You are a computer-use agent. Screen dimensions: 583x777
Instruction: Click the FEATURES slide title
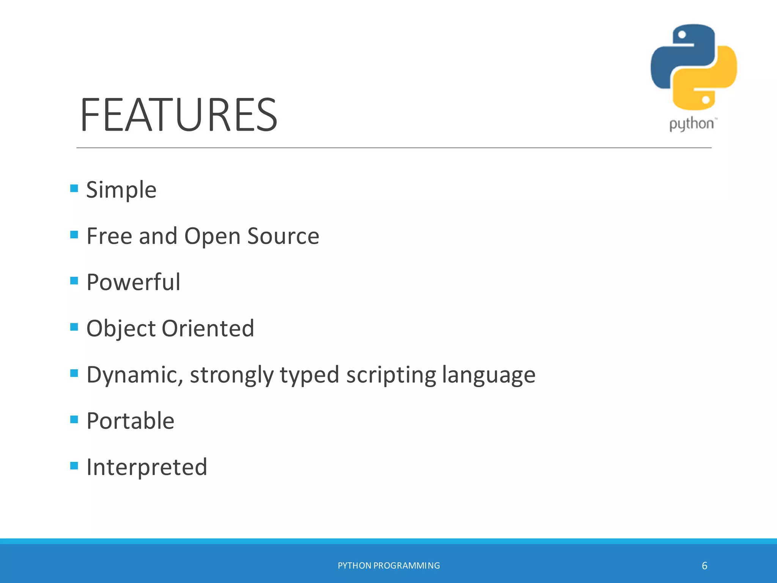tap(179, 115)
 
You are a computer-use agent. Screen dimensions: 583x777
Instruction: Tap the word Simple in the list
tap(121, 190)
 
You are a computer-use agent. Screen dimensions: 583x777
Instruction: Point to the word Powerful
tap(133, 282)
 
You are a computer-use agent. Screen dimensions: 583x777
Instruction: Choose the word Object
tap(121, 329)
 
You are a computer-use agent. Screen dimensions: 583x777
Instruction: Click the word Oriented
tap(208, 329)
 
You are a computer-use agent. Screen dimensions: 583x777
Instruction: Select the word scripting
tap(391, 375)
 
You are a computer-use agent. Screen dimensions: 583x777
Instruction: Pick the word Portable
tap(130, 421)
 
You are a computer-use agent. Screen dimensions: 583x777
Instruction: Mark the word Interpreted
tap(147, 467)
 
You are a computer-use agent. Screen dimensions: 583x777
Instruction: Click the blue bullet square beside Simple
tap(74, 188)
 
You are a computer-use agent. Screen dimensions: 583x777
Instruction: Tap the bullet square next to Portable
tap(74, 419)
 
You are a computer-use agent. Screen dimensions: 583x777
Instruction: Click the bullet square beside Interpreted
tap(74, 466)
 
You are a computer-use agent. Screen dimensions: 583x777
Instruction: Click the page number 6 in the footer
tap(705, 566)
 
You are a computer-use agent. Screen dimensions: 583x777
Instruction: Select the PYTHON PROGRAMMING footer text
tap(389, 566)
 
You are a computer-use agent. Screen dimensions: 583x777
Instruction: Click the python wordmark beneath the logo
tap(692, 124)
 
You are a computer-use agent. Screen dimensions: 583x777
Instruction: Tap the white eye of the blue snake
tap(682, 35)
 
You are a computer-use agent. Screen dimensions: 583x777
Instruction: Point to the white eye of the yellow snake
tap(706, 100)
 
